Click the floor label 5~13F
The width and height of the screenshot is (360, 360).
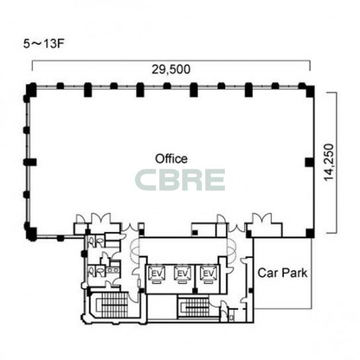coord(43,44)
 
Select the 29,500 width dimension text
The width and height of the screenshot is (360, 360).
coord(171,69)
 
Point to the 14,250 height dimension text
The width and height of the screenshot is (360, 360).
coord(328,162)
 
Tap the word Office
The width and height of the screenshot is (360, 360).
coord(171,159)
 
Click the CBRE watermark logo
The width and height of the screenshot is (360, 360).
coord(180,180)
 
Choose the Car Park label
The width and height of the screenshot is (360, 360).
coord(283,273)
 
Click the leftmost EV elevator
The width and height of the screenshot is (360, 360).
coord(157,274)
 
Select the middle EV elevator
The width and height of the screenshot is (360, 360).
coord(183,274)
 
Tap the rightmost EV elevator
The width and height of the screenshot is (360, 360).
coord(208,274)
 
